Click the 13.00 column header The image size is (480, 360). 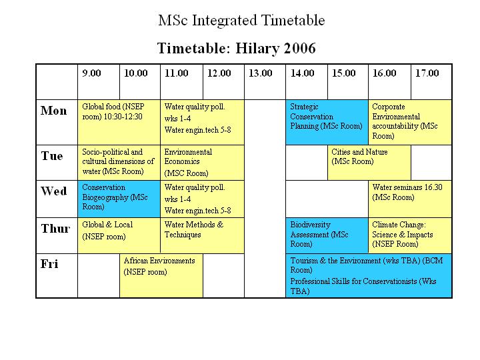(x=260, y=73)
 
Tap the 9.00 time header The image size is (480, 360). (x=91, y=73)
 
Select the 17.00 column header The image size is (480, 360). (x=427, y=73)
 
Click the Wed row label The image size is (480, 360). (x=54, y=191)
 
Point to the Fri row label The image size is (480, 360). (x=49, y=264)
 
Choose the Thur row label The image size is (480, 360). (x=55, y=229)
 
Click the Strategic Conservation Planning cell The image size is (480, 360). (x=327, y=122)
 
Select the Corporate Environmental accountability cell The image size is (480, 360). (x=410, y=122)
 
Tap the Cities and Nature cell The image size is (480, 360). (x=369, y=163)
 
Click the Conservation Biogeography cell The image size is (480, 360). (x=119, y=199)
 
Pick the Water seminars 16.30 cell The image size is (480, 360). (x=410, y=199)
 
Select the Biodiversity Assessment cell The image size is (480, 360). (x=327, y=235)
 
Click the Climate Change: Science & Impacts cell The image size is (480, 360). (x=410, y=235)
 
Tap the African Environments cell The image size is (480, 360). (x=161, y=275)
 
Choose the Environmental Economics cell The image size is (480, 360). (x=203, y=163)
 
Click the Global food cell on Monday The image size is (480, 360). (x=119, y=122)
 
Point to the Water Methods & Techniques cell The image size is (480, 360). (x=203, y=235)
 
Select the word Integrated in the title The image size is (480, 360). (x=225, y=21)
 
